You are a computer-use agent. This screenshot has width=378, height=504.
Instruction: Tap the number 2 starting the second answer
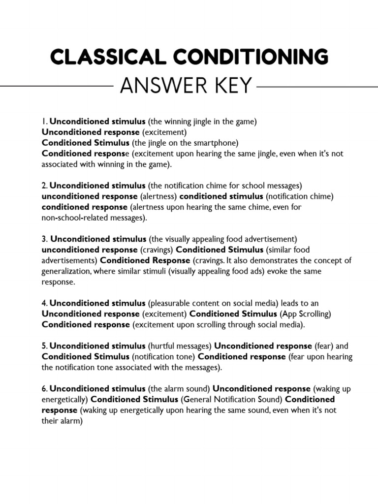click(44, 186)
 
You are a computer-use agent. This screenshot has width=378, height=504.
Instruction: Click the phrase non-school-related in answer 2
click(73, 218)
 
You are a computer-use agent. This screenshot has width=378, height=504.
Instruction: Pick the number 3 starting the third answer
click(44, 239)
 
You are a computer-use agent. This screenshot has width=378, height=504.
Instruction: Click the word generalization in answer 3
click(66, 271)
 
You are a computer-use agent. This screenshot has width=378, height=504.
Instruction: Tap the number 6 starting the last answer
click(44, 388)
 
